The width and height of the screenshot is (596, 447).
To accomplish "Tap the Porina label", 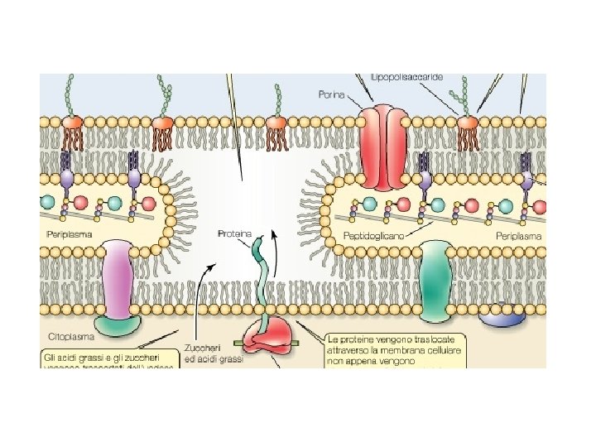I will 331,94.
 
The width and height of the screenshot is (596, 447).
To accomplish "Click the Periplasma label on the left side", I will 69,235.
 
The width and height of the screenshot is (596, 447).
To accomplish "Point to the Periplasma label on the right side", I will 519,236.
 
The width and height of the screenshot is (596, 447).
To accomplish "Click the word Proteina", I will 234,233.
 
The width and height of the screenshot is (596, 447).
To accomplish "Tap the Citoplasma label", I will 70,337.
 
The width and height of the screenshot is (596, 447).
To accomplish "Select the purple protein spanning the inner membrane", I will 121,280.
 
